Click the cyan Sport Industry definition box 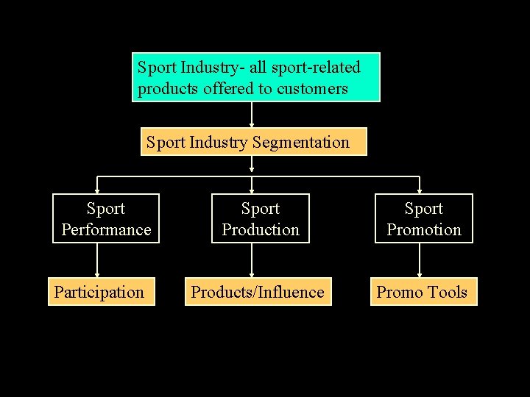coord(256,77)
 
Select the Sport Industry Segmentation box coord(253,142)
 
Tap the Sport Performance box coord(106,218)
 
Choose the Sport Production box coord(261,218)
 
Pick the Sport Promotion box coord(424,218)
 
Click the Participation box coord(102,292)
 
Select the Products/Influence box coord(257,292)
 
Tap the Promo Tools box coord(423,292)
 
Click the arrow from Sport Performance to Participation coord(97,260)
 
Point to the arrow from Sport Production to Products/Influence coord(252,260)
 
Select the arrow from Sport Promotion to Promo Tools coord(420,260)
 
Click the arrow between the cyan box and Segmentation coord(252,115)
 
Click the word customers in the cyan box coord(311,89)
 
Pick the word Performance coord(106,230)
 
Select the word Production coord(261,230)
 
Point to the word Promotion coord(424,230)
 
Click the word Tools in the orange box coord(448,293)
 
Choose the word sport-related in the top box coord(316,68)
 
